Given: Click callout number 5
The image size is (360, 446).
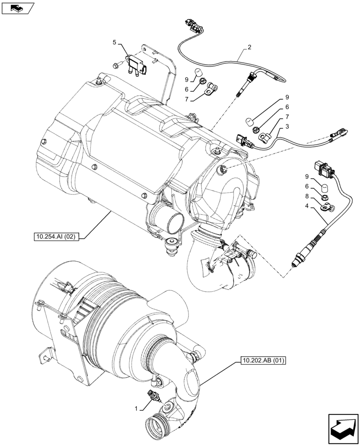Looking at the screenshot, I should pyautogui.click(x=115, y=42).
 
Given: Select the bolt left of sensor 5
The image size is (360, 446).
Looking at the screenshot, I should pyautogui.click(x=117, y=65).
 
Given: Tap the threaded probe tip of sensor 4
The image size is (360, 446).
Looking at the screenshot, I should pyautogui.click(x=295, y=262).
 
